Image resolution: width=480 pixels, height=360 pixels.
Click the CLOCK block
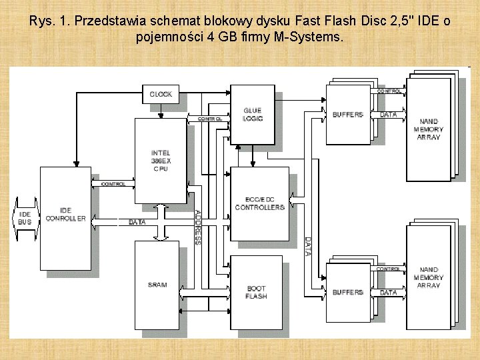(x=161, y=94)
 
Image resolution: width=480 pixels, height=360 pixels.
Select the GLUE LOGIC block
(x=252, y=114)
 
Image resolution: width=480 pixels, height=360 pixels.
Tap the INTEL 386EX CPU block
(x=160, y=161)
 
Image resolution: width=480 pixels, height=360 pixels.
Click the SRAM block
(x=157, y=285)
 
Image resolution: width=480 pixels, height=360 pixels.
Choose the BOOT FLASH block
(x=256, y=292)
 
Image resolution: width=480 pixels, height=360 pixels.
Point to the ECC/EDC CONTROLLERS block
(x=259, y=203)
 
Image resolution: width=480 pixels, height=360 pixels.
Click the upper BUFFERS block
(x=348, y=115)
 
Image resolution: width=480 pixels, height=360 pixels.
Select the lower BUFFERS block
(x=348, y=292)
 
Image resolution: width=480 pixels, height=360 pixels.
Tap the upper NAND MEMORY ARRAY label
(x=429, y=129)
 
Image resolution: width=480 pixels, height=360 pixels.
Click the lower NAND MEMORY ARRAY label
(x=429, y=277)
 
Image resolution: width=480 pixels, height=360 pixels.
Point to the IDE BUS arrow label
(x=25, y=217)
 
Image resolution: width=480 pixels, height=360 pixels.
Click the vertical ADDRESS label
(x=198, y=227)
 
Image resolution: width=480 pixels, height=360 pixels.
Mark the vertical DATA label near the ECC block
(x=307, y=246)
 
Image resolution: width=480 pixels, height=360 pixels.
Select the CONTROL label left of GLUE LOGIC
(x=210, y=119)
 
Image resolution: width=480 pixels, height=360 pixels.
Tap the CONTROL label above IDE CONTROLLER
(x=113, y=184)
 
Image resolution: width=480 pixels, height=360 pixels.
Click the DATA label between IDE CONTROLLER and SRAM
(x=137, y=221)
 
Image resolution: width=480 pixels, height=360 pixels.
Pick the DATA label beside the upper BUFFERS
(x=388, y=115)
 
